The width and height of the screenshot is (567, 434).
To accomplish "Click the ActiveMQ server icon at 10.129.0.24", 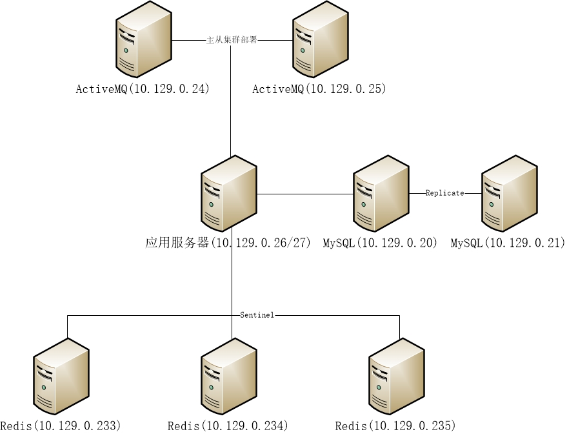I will [144, 41].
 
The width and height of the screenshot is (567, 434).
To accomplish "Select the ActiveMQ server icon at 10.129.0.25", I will [321, 41].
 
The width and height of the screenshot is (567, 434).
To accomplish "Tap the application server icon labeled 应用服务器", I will [229, 194].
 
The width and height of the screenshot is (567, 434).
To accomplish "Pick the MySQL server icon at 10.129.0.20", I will [381, 193].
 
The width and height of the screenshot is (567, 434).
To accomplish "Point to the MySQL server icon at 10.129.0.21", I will [510, 193].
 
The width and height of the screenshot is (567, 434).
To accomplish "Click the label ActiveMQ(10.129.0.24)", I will [143, 89].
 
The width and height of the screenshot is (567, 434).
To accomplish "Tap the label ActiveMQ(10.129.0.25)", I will [319, 89].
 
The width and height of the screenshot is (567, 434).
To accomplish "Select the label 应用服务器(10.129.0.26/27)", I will [228, 243].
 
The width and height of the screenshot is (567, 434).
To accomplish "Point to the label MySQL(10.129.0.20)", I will [381, 243].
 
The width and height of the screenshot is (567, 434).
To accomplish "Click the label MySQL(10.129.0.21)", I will [508, 243].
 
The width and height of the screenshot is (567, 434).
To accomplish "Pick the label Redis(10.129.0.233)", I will [61, 426].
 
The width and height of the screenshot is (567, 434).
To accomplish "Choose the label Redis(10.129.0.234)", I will [227, 426].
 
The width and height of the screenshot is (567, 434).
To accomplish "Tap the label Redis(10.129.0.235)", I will [395, 426].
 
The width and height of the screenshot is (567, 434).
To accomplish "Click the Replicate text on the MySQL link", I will [445, 193].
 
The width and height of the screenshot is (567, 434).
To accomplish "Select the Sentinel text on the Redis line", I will [257, 315].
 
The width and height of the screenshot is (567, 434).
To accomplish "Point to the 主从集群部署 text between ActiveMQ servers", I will [232, 40].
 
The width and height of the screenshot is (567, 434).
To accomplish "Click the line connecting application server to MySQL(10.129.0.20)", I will [305, 194].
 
